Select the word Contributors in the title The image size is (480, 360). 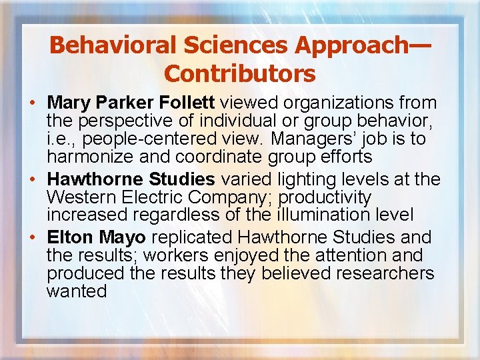(x=240, y=73)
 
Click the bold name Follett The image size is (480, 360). (x=187, y=103)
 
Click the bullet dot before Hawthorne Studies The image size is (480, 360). (x=33, y=180)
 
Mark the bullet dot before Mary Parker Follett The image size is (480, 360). (x=33, y=104)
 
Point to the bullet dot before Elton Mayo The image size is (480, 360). (x=33, y=237)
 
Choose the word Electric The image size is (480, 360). (x=147, y=197)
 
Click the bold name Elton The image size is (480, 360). (x=71, y=237)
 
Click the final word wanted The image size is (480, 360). (x=77, y=291)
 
